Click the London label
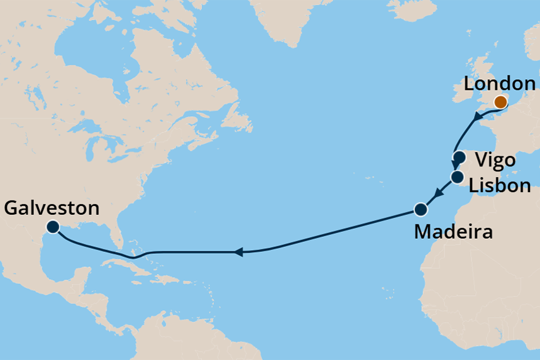[x=499, y=84]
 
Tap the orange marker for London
[x=500, y=102]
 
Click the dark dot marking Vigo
[x=459, y=158]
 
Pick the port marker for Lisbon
[x=457, y=177]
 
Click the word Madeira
[x=453, y=232]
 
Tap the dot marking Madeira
[x=421, y=209]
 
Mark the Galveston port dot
[x=53, y=227]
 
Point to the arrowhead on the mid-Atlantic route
[x=238, y=253]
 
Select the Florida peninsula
[x=114, y=233]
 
